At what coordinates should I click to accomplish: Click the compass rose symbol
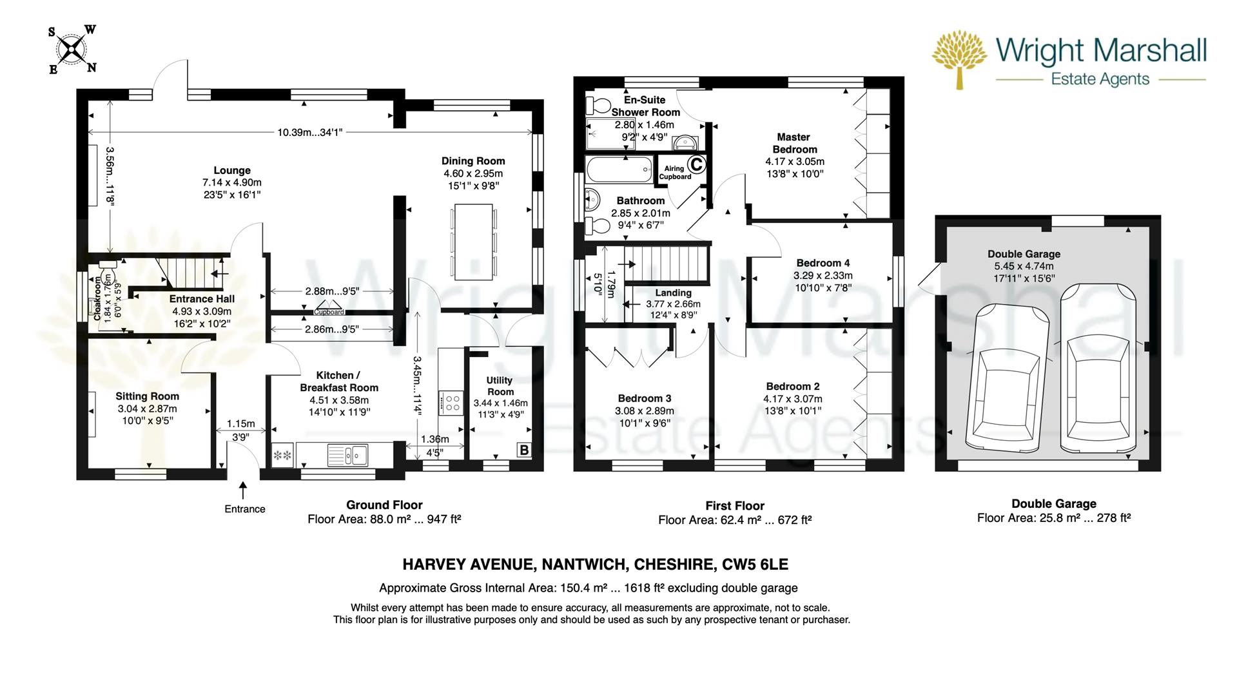(72, 49)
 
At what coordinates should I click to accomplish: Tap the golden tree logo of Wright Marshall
(959, 59)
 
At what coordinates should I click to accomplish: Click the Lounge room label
(231, 171)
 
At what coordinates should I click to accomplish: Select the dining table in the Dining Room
(474, 242)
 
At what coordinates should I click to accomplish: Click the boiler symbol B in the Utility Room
(524, 450)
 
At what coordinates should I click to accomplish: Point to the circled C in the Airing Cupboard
(696, 164)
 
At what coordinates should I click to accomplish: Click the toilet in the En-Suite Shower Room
(599, 106)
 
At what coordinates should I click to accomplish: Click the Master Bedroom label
(793, 143)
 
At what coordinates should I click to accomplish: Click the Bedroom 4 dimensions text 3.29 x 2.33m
(823, 275)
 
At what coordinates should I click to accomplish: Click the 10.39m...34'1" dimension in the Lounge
(309, 133)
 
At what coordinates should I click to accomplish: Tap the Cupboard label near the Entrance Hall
(329, 312)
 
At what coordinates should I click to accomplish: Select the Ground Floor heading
(384, 505)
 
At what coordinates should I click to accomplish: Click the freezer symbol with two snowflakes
(282, 456)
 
